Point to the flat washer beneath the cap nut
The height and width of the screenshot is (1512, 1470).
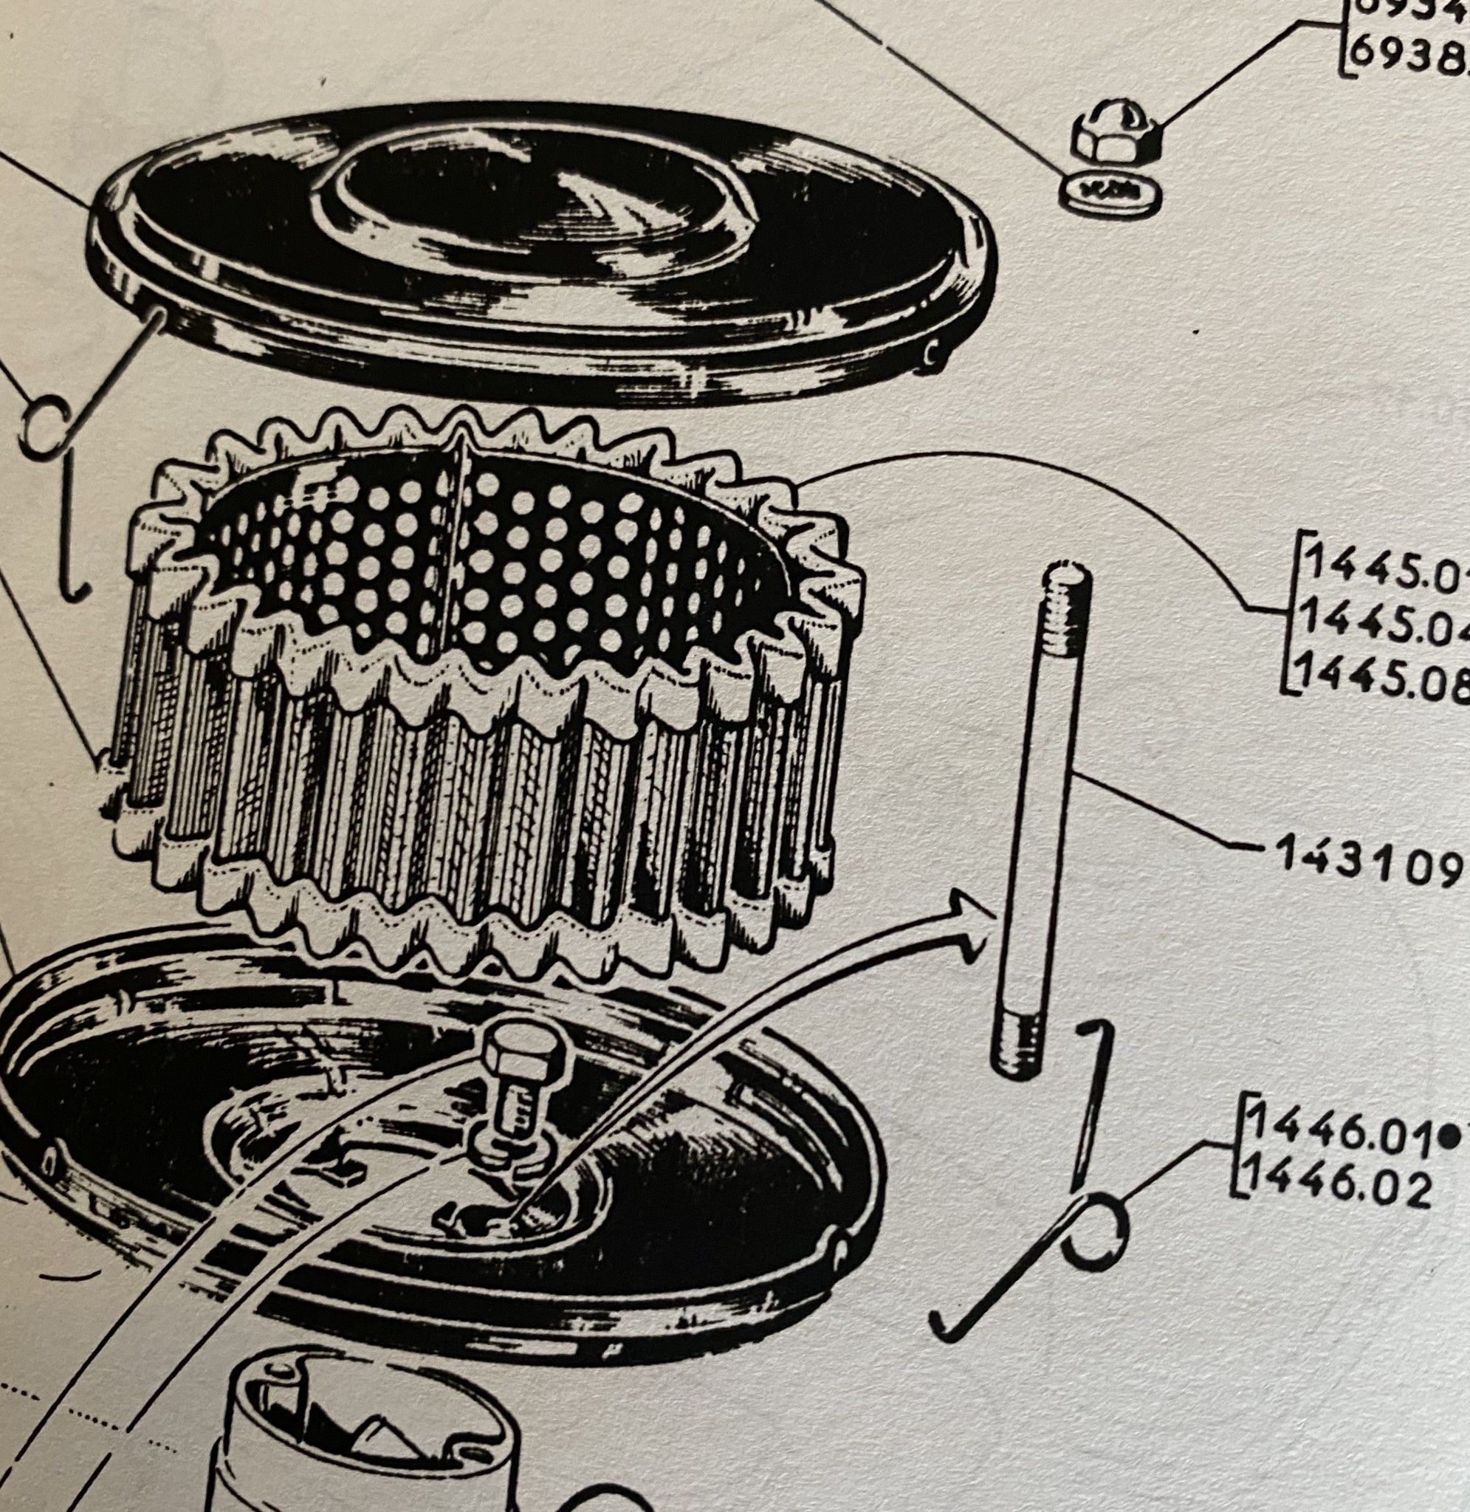[x=1110, y=189]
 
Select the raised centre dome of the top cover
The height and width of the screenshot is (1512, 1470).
[x=533, y=197]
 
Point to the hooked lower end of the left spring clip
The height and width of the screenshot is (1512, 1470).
[x=75, y=588]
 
